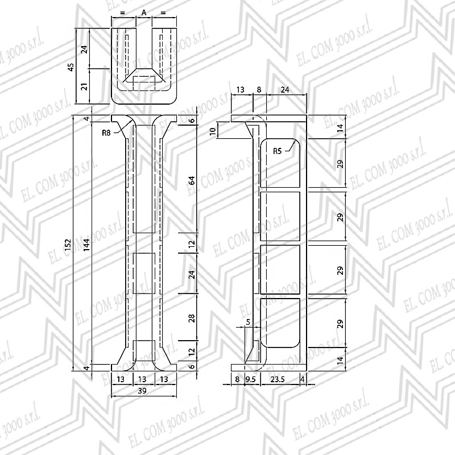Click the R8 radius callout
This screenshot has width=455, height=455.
tap(106, 133)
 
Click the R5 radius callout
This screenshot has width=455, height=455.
tap(278, 151)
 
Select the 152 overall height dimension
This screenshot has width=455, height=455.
tap(68, 245)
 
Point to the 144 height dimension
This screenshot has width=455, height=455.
tap(87, 245)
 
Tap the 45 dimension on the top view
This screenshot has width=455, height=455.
tap(71, 67)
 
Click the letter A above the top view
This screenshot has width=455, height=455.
tap(144, 13)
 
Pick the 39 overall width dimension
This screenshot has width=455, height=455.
tap(142, 391)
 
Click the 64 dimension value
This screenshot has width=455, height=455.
tap(192, 180)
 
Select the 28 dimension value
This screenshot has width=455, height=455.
tap(192, 318)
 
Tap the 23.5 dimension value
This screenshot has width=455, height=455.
tap(278, 379)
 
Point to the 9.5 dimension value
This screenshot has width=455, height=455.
tap(250, 379)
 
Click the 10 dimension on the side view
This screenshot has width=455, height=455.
tap(213, 131)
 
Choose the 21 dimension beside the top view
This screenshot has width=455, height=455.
tap(84, 86)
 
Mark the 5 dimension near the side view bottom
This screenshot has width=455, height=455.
tap(248, 322)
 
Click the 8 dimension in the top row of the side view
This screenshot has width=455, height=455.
tap(259, 90)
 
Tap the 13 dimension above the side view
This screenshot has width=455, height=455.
tap(241, 90)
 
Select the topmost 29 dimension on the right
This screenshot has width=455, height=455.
tap(340, 164)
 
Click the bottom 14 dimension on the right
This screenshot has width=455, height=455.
tap(340, 360)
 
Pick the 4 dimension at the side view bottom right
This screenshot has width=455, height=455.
tap(303, 379)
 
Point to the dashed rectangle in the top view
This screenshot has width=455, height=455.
tap(144, 84)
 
